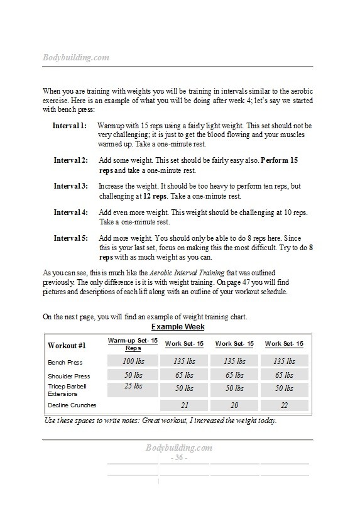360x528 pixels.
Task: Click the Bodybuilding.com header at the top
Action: click(76, 57)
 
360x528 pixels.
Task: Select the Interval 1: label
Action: click(70, 126)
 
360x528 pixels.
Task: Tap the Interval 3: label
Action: click(70, 186)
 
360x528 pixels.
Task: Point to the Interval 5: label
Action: click(70, 238)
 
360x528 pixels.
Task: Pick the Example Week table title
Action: click(178, 327)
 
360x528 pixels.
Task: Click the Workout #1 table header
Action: click(67, 346)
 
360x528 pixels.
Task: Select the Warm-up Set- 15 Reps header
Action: click(133, 344)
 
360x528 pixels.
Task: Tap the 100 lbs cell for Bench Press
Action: click(133, 361)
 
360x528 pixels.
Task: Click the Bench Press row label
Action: click(65, 362)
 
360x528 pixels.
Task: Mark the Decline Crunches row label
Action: click(71, 405)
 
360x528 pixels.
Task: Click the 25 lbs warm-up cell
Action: click(133, 387)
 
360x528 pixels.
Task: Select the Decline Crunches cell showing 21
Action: click(183, 405)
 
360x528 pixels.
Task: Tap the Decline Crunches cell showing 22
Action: click(284, 405)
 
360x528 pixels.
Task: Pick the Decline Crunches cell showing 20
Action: click(234, 405)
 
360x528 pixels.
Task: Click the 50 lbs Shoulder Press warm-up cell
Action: click(133, 375)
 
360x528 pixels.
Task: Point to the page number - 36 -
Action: click(180, 458)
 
